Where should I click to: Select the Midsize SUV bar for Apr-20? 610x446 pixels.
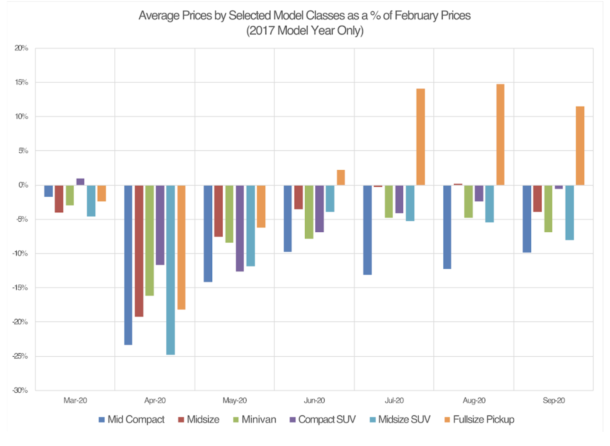(x=171, y=270)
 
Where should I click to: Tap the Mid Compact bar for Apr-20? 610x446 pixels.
(x=128, y=265)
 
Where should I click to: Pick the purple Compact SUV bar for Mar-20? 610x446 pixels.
(x=80, y=182)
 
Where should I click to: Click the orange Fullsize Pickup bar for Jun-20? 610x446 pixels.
(x=341, y=178)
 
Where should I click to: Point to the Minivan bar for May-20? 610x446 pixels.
(x=229, y=214)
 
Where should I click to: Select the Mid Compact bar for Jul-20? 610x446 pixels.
(x=367, y=230)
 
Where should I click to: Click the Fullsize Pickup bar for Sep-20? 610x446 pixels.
(x=580, y=146)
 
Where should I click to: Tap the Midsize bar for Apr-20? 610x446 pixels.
(x=139, y=251)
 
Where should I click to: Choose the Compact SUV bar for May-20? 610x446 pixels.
(x=240, y=228)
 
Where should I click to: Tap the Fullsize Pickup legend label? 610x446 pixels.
(x=483, y=419)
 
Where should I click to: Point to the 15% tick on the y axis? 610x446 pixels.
(x=21, y=82)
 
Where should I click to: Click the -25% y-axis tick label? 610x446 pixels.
(x=20, y=356)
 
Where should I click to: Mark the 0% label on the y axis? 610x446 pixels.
(x=23, y=185)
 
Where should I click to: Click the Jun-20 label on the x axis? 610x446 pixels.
(x=314, y=401)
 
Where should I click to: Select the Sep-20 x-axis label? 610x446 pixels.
(x=554, y=401)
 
